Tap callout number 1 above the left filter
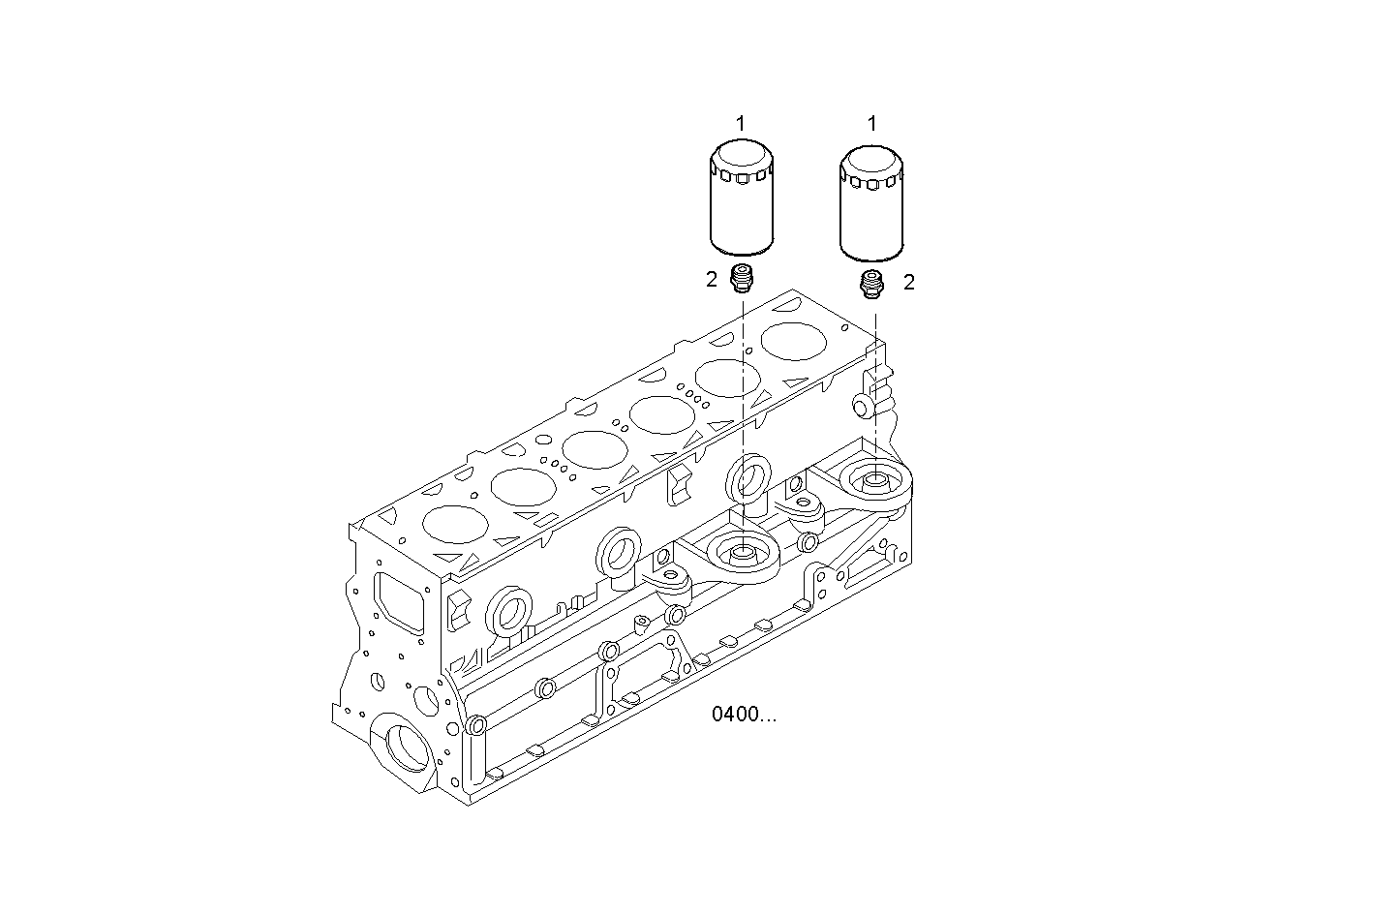pyautogui.click(x=741, y=123)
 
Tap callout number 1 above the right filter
pyautogui.click(x=871, y=123)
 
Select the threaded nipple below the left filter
pyautogui.click(x=742, y=278)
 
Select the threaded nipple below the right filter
pyautogui.click(x=872, y=281)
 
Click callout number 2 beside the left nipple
pyautogui.click(x=712, y=280)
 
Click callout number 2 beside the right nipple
pyautogui.click(x=908, y=282)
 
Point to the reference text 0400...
pyautogui.click(x=744, y=716)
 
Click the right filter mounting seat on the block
pyautogui.click(x=874, y=478)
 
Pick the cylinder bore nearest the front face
pyautogui.click(x=455, y=524)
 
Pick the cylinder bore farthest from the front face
pyautogui.click(x=794, y=342)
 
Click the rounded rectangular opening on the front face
pyautogui.click(x=398, y=602)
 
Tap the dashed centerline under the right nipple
pyautogui.click(x=875, y=387)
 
